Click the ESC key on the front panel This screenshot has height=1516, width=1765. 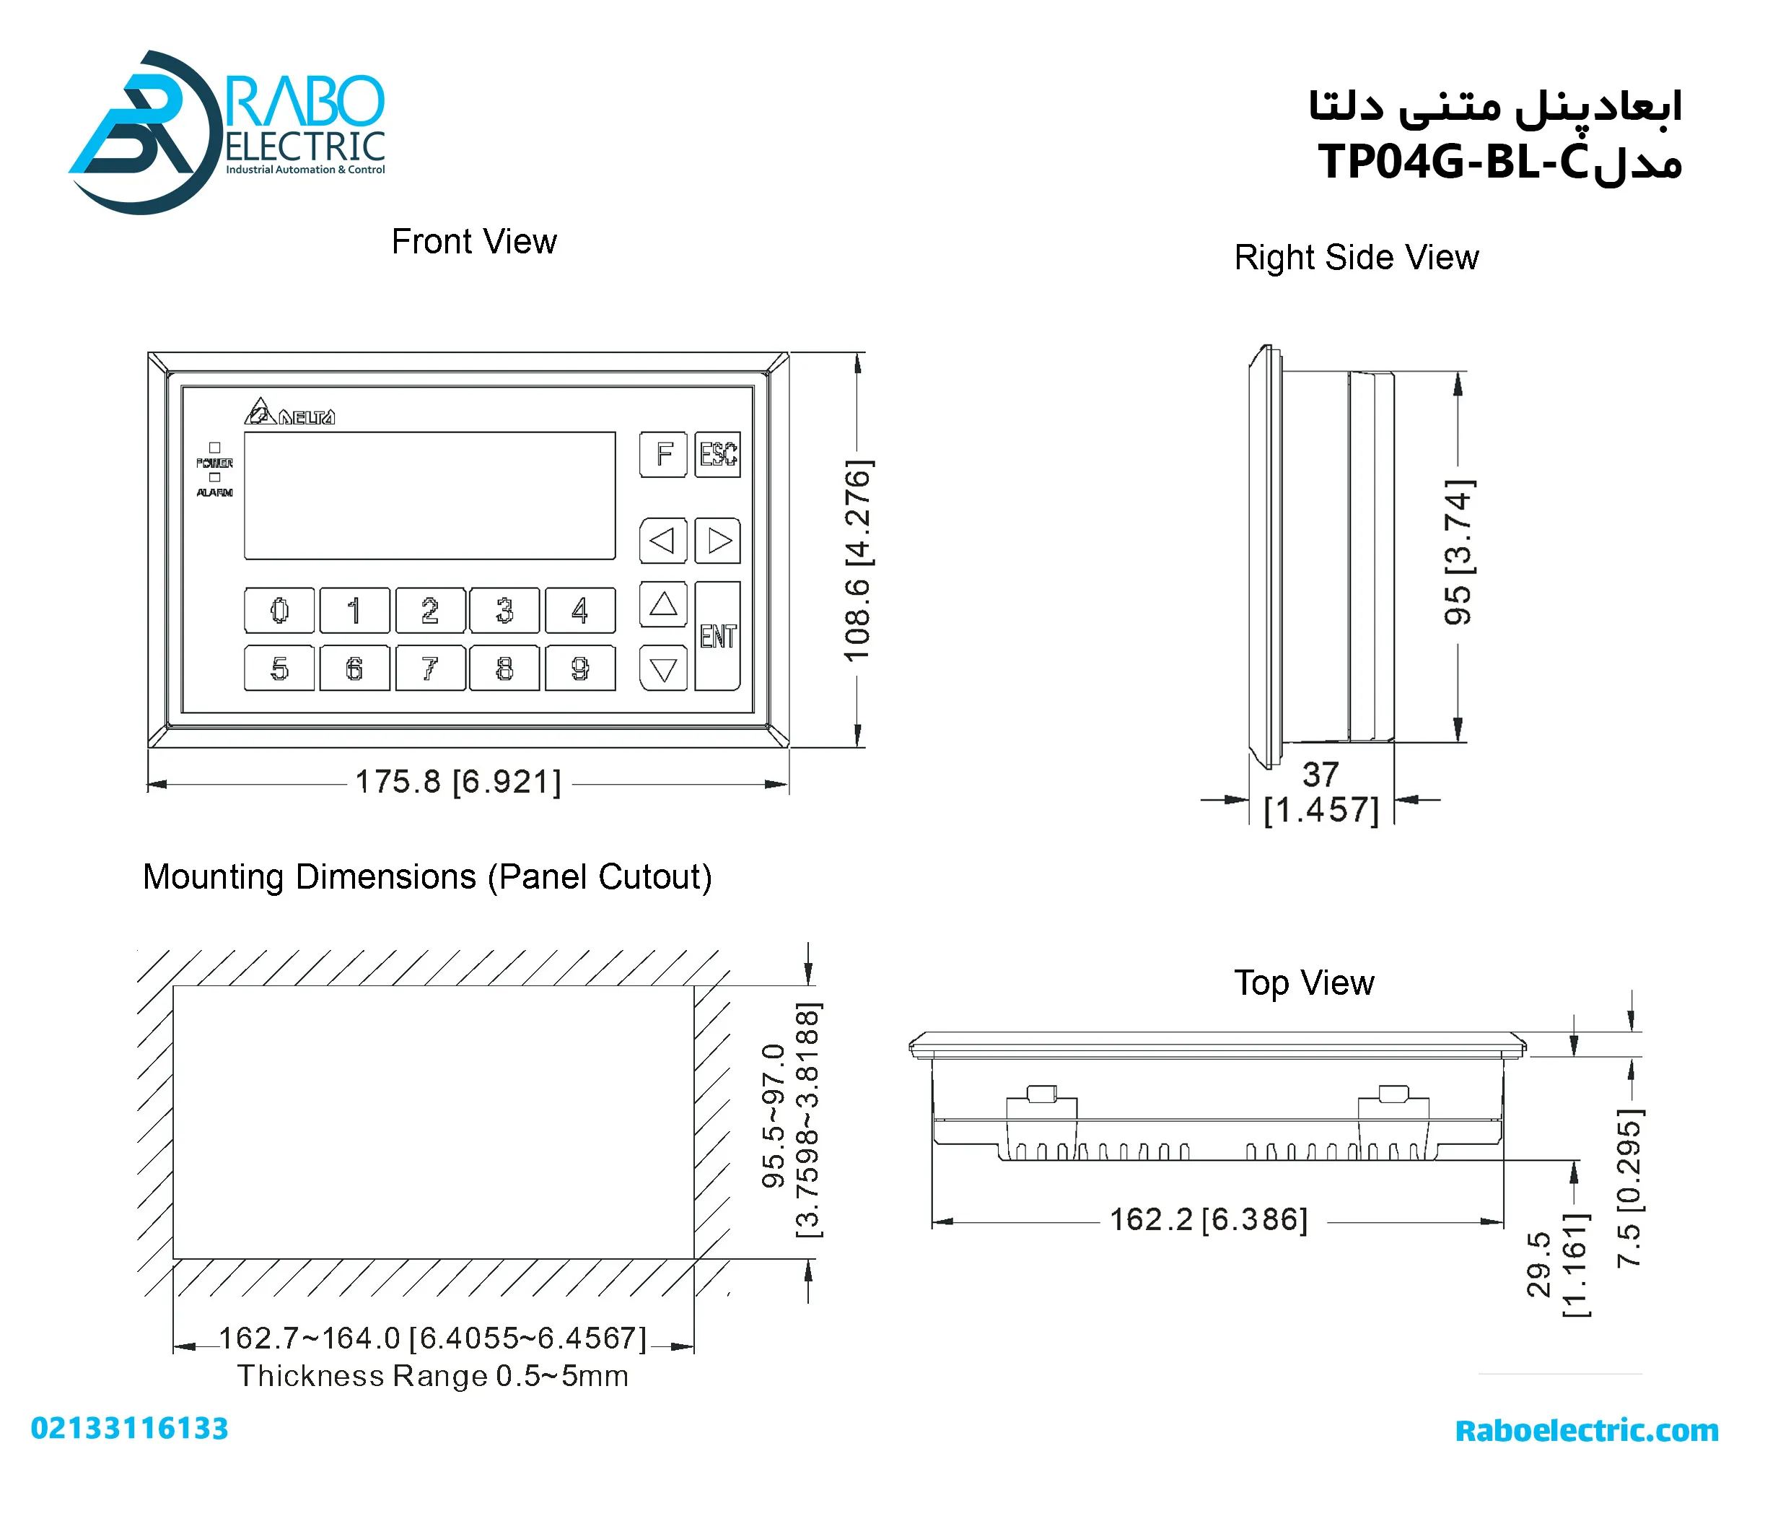[x=717, y=454]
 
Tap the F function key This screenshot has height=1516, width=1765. [x=662, y=454]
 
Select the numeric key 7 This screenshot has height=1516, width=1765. [x=430, y=667]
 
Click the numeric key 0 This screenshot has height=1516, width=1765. [x=279, y=610]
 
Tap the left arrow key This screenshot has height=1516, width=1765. [x=662, y=540]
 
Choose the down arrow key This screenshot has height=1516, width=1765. [x=662, y=668]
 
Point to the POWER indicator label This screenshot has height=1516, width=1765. [x=214, y=463]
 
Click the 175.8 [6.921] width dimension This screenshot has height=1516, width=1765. [x=458, y=781]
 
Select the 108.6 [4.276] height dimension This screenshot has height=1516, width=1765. [x=858, y=560]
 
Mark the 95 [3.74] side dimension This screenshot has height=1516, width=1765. [x=1458, y=552]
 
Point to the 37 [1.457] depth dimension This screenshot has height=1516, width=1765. [x=1321, y=793]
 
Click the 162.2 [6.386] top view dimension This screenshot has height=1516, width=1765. [x=1208, y=1219]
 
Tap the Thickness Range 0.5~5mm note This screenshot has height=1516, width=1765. [x=433, y=1376]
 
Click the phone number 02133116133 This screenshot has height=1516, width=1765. [x=129, y=1428]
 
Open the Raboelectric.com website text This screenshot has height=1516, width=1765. [x=1586, y=1430]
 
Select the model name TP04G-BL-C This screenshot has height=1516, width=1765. [x=1453, y=161]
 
